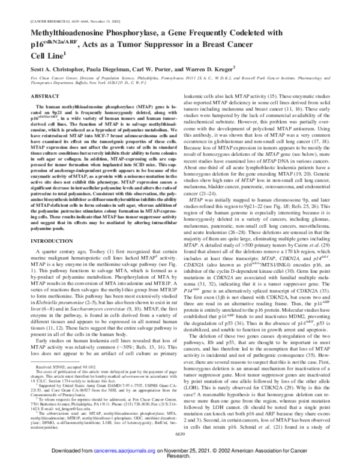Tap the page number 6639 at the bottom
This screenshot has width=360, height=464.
(x=180, y=434)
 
